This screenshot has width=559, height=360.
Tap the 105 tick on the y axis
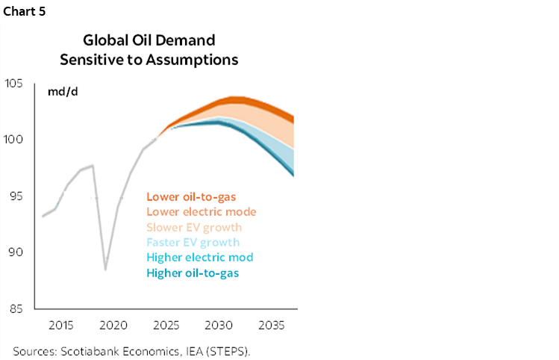click(16, 83)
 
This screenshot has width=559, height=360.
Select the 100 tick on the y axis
click(16, 140)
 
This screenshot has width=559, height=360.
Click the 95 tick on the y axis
click(17, 196)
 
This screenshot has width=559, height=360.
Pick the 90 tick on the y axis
click(17, 252)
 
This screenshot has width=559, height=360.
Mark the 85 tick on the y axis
click(17, 308)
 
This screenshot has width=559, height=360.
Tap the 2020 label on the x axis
click(113, 326)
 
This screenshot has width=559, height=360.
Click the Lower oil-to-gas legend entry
click(191, 197)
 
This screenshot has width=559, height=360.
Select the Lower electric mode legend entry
click(201, 212)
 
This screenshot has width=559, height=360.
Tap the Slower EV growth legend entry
click(194, 227)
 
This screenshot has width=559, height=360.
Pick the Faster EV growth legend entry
click(193, 242)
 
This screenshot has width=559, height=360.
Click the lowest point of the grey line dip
click(105, 269)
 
